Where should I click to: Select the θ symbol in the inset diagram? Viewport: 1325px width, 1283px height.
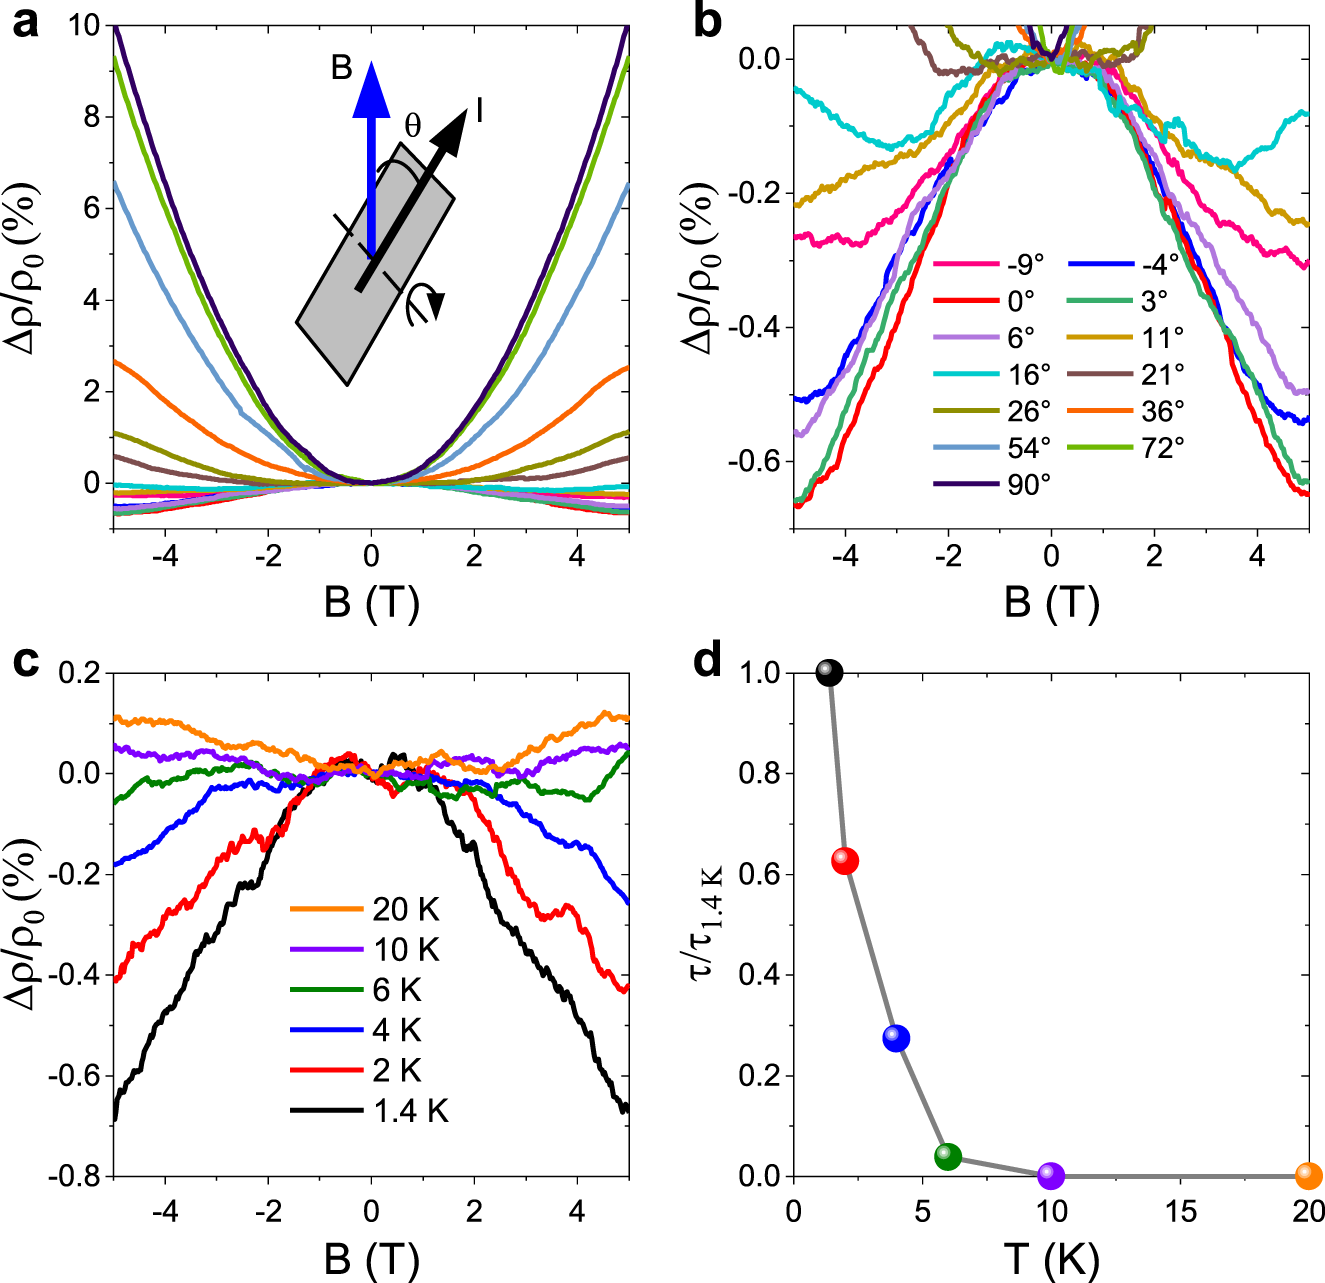pos(412,127)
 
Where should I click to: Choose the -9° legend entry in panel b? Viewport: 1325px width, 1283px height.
pos(990,264)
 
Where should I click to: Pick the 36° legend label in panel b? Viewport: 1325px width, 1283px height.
pos(1163,411)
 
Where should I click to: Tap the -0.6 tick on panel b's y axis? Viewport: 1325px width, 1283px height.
pos(756,462)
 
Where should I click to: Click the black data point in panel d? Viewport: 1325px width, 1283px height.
pos(829,672)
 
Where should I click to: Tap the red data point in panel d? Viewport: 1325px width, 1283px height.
pos(845,861)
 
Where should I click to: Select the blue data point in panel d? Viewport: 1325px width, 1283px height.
pos(896,1038)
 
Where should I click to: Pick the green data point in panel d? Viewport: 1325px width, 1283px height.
pos(948,1157)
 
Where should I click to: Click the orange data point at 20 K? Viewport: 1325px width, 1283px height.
pos(1308,1176)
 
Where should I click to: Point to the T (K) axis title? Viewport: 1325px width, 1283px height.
pos(1050,1259)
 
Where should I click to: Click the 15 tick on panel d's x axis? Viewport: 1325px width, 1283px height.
pos(1180,1212)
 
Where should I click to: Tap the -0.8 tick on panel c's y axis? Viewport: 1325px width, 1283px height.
pos(75,1177)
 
